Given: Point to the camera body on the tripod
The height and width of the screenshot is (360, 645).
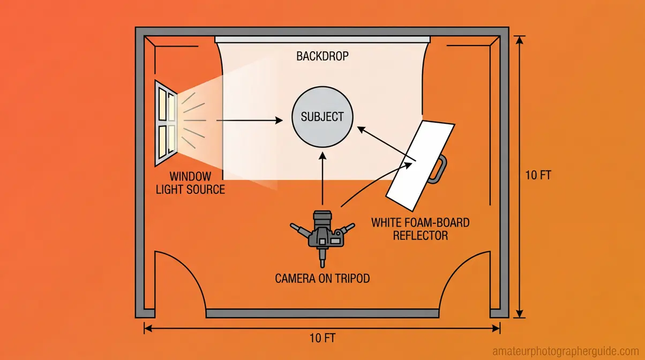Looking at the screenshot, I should click(x=322, y=236).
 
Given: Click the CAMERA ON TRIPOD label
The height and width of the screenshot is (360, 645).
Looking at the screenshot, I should click(x=322, y=279).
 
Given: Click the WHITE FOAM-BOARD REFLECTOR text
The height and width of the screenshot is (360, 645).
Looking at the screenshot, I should click(x=421, y=228).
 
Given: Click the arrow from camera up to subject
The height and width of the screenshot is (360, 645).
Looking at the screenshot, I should click(x=322, y=177).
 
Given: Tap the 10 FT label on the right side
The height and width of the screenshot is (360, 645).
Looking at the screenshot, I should click(x=538, y=175).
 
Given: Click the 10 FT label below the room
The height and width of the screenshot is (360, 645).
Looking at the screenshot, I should click(x=323, y=339).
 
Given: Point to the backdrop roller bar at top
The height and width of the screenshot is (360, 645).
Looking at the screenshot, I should click(x=322, y=39).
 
